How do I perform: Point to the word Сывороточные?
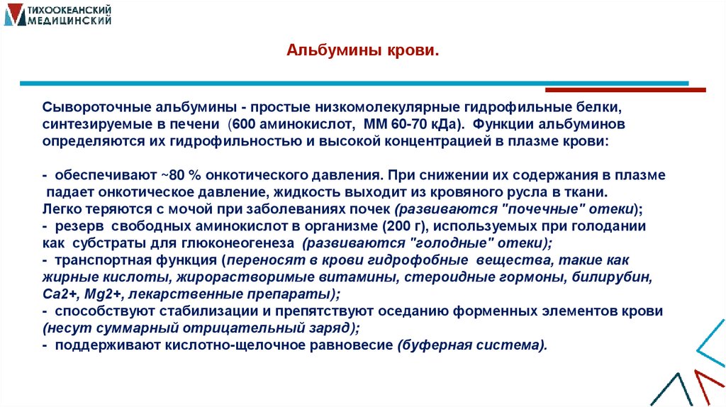pyautogui.click(x=86, y=107)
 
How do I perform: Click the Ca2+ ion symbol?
pyautogui.click(x=57, y=294)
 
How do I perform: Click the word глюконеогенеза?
pyautogui.click(x=247, y=243)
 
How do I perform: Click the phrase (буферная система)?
pyautogui.click(x=472, y=345)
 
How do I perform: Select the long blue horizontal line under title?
pyautogui.click(x=354, y=84)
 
